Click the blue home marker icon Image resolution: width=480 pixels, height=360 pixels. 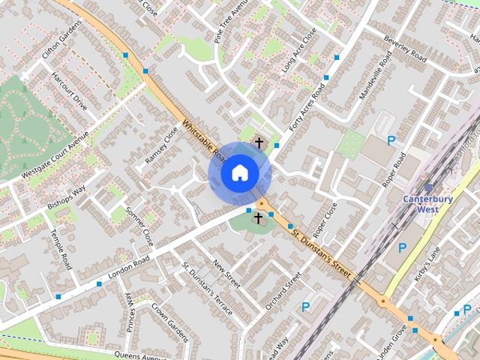[x=239, y=173]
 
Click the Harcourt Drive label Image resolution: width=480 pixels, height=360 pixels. [x=69, y=91]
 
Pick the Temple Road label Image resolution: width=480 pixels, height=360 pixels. [x=61, y=252]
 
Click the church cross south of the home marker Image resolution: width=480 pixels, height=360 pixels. [x=259, y=218]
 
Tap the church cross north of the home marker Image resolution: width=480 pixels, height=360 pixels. [x=259, y=141]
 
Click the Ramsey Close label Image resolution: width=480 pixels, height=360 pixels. [x=161, y=145]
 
